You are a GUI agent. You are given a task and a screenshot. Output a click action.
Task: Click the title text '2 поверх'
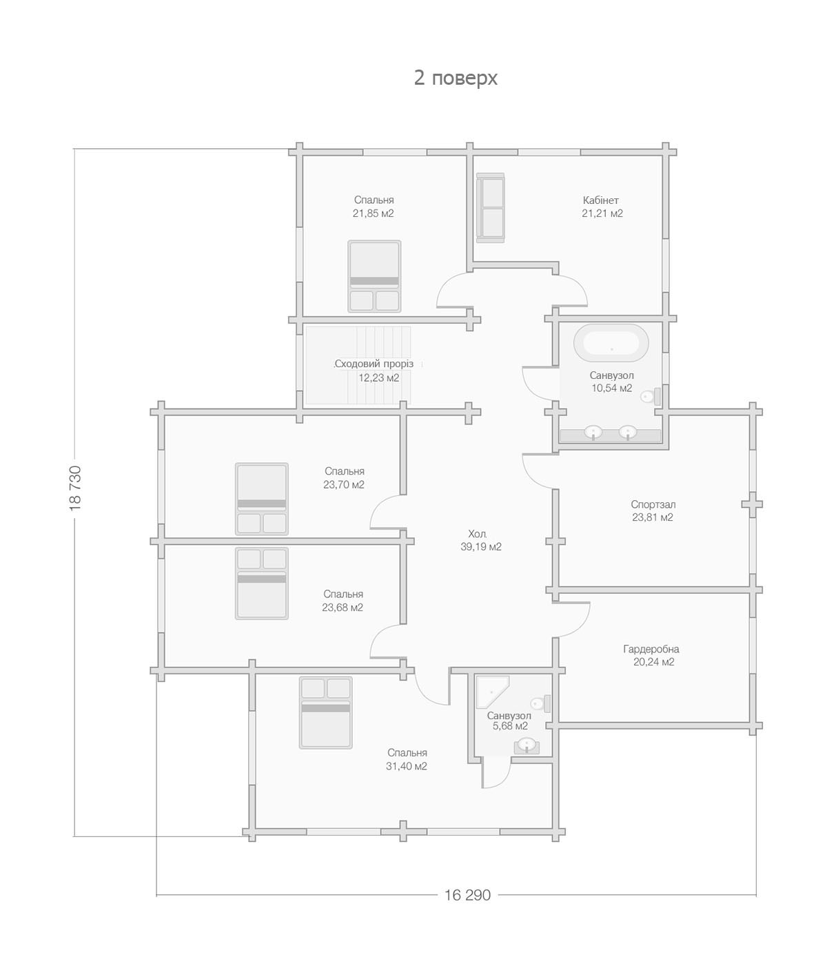point(456,78)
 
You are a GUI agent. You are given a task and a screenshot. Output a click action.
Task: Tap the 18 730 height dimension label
point(75,488)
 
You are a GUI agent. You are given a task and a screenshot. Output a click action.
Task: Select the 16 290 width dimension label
point(467,896)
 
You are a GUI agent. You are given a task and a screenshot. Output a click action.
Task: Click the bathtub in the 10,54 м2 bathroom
point(611,343)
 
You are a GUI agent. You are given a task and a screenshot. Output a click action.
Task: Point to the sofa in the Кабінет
point(491,208)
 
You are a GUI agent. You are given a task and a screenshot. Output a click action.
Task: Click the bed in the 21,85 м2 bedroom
point(374,276)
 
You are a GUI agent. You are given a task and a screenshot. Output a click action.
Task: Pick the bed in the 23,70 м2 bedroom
point(261,499)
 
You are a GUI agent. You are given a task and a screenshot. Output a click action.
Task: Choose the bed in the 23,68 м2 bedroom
point(261,584)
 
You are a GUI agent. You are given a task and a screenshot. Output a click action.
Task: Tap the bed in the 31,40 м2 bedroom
point(326,712)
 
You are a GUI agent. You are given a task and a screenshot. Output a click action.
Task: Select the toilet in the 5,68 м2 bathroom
point(541,703)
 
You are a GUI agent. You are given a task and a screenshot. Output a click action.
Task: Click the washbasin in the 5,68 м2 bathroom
point(527,745)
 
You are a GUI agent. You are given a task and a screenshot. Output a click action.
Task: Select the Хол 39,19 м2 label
point(480,540)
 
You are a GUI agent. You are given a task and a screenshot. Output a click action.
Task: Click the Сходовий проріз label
point(374,364)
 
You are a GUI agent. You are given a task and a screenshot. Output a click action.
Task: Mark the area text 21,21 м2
point(602,214)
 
